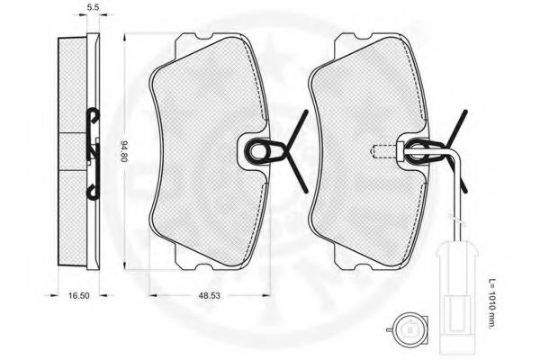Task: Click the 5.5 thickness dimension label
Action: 93,7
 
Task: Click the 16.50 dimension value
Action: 79,295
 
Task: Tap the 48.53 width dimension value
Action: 209,295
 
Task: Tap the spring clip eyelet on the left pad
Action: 258,151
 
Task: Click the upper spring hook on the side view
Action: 93,117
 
